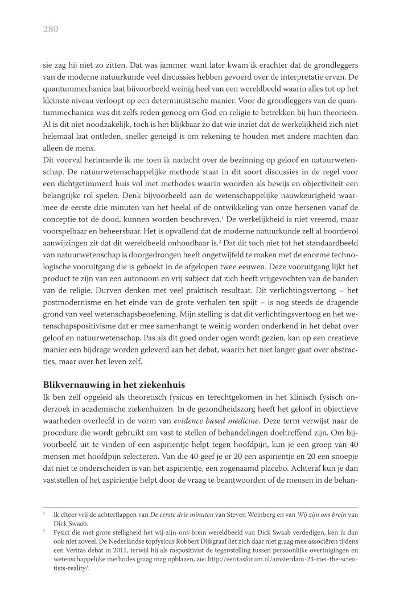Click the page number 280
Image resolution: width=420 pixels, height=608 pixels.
tap(51, 29)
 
